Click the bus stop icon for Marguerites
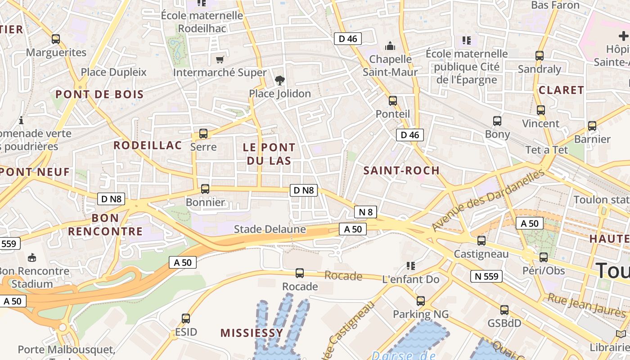point(56,39)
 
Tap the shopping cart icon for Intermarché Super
point(220,59)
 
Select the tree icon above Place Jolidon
point(280,81)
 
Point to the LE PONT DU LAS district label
point(269,154)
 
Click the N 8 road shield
point(365,212)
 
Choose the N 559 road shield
point(486,276)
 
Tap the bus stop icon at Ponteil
point(393,101)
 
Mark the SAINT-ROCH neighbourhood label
point(401,171)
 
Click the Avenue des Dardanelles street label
point(489,200)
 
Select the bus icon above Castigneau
point(481,241)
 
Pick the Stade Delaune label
point(270,229)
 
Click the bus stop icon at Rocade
point(300,273)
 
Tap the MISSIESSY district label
point(252,333)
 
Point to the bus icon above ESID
point(186,319)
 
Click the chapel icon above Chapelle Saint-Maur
point(390,46)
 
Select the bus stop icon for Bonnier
point(205,189)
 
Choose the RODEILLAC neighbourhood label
point(148,145)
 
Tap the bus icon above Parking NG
point(421,301)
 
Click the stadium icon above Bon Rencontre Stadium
point(32,258)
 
